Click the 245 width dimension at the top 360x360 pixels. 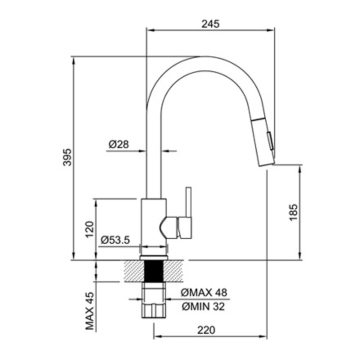coord(210,24)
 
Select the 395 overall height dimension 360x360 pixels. coord(67,157)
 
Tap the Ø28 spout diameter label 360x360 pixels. coord(118,144)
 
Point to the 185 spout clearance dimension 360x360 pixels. coord(293,212)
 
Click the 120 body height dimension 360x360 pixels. coord(90,229)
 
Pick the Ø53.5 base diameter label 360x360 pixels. coord(115,240)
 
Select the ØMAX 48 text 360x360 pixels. coord(204,292)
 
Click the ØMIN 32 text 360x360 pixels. coord(203,306)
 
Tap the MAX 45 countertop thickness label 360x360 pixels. coord(90,310)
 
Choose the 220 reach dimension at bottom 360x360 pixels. coord(206,330)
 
